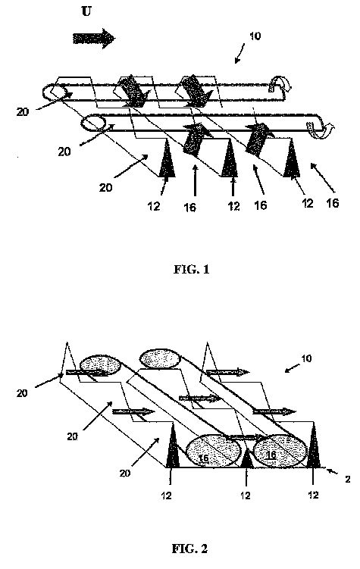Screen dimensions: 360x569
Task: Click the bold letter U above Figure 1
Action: [x=86, y=11]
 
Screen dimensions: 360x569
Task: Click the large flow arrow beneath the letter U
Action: [x=94, y=39]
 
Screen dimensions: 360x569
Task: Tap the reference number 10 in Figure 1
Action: [x=255, y=36]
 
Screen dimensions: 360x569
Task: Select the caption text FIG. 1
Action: [x=191, y=269]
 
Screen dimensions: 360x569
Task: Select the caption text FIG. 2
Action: [x=189, y=549]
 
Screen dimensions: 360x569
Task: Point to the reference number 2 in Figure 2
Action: [x=347, y=480]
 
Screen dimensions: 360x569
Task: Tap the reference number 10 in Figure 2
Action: [x=306, y=358]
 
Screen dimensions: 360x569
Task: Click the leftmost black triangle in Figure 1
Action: [x=167, y=159]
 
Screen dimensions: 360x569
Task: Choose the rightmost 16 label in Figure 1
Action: [x=333, y=203]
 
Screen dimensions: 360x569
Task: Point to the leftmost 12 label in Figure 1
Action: [x=154, y=206]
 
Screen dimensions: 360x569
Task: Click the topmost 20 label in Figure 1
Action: [x=22, y=112]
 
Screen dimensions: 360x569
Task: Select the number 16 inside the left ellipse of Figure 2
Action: [x=204, y=458]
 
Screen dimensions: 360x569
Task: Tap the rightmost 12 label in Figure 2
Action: [x=313, y=495]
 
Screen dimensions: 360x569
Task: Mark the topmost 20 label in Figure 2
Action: [x=22, y=393]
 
